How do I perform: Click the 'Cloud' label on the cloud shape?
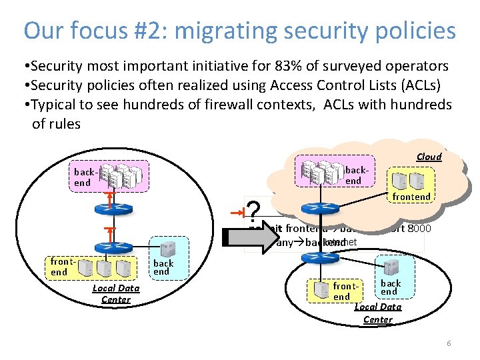(429, 157)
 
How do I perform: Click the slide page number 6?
(449, 343)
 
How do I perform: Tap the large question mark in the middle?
(252, 213)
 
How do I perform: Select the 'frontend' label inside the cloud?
(411, 197)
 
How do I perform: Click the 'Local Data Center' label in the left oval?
(115, 293)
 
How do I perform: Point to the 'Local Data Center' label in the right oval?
(377, 313)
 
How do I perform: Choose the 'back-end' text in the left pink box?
(83, 177)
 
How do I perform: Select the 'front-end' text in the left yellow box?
(59, 267)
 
